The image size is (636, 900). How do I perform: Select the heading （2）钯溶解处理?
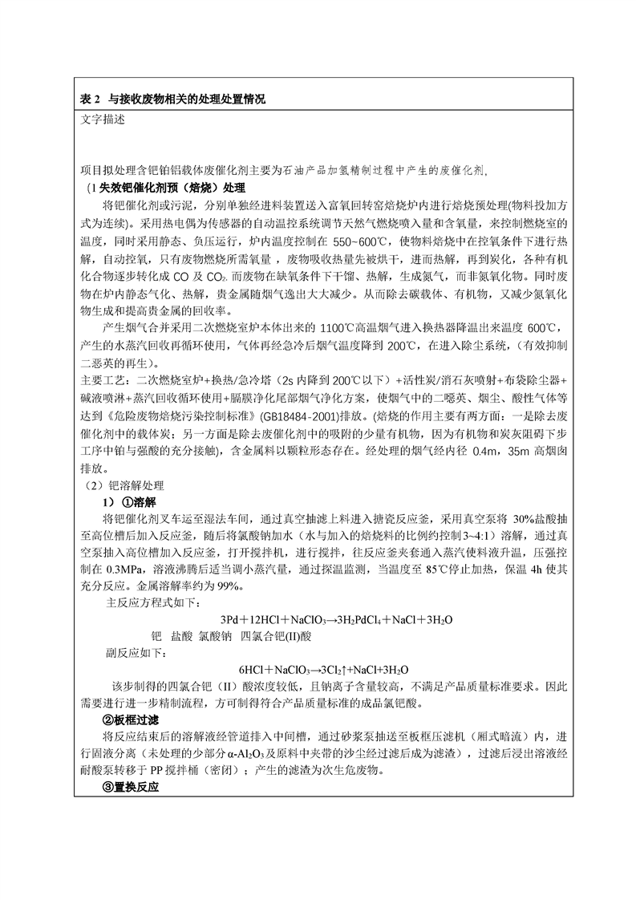[124, 486]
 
